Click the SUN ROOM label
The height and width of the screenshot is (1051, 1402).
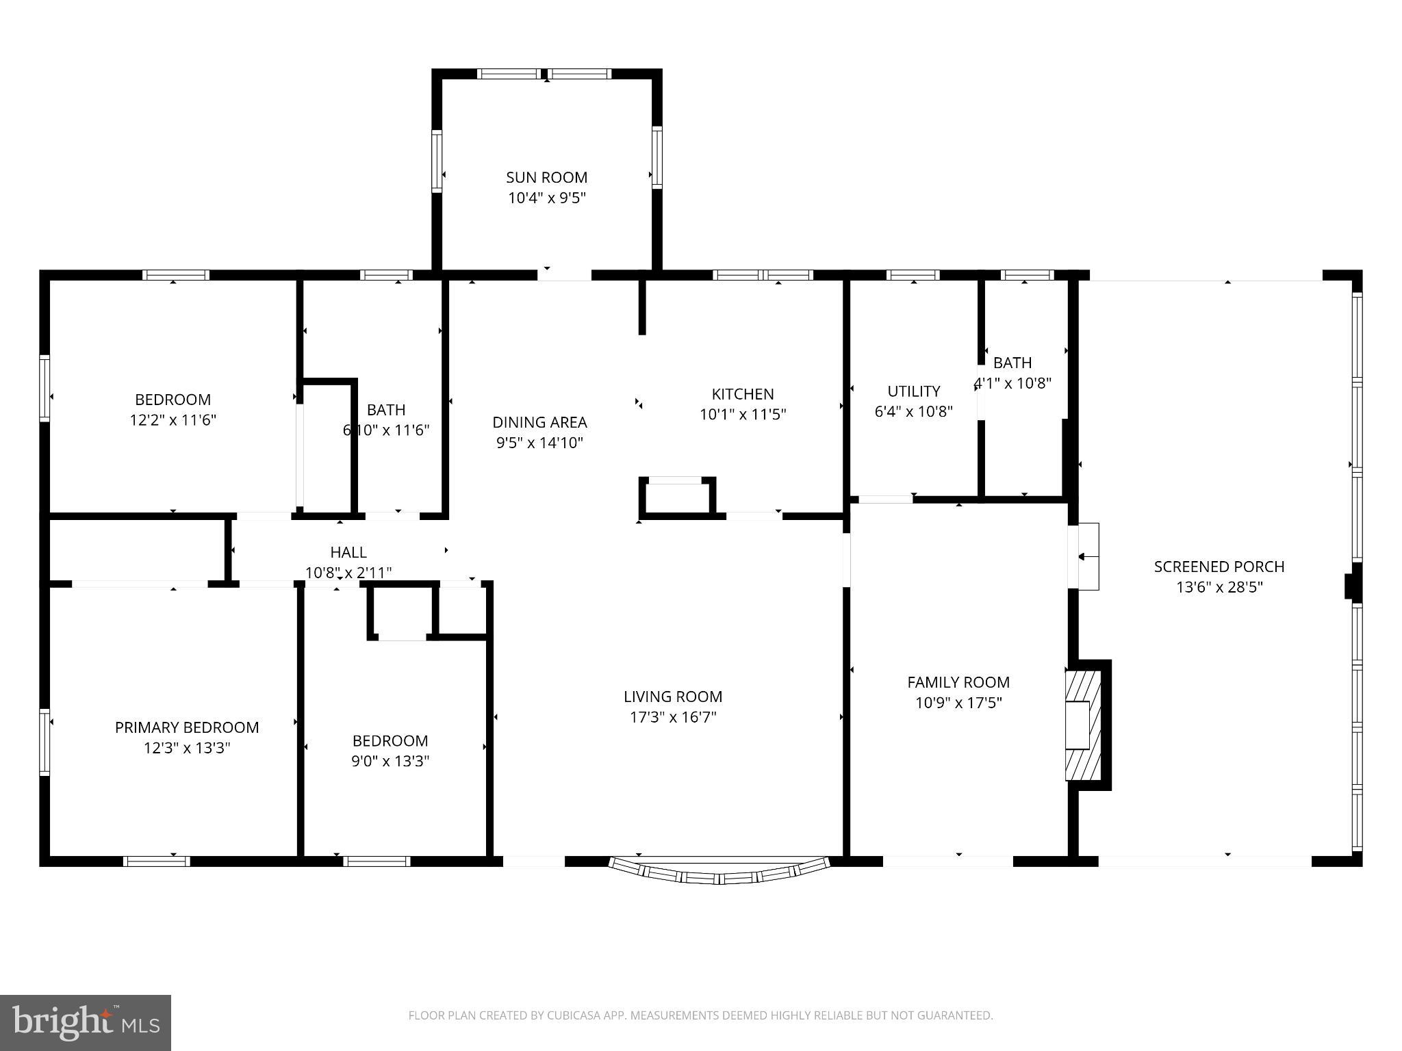coord(546,177)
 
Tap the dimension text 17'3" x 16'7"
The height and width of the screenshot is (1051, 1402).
coord(673,717)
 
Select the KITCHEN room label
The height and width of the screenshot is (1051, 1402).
coord(743,394)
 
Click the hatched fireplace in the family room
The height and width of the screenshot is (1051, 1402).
coord(1084,725)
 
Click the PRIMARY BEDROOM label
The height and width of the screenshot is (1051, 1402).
coord(187,727)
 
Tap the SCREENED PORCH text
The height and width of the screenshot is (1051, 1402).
coord(1219,567)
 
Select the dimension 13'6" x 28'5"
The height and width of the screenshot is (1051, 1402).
coord(1219,587)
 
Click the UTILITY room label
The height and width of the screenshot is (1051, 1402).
coord(913,391)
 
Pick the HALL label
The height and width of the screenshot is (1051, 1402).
coord(348,552)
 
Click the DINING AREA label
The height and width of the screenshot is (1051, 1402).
coord(539,422)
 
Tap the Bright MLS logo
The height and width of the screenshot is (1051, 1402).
coord(85,1022)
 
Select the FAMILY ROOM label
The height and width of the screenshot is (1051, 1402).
coord(958,682)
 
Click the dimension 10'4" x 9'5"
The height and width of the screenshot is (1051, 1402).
coord(546,198)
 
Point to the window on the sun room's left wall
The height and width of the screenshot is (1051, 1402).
coord(436,160)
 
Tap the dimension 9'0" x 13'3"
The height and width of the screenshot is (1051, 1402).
coord(390,761)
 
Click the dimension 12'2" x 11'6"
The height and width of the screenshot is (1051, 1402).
coord(173,420)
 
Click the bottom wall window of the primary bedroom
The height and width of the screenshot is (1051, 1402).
coord(157,861)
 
